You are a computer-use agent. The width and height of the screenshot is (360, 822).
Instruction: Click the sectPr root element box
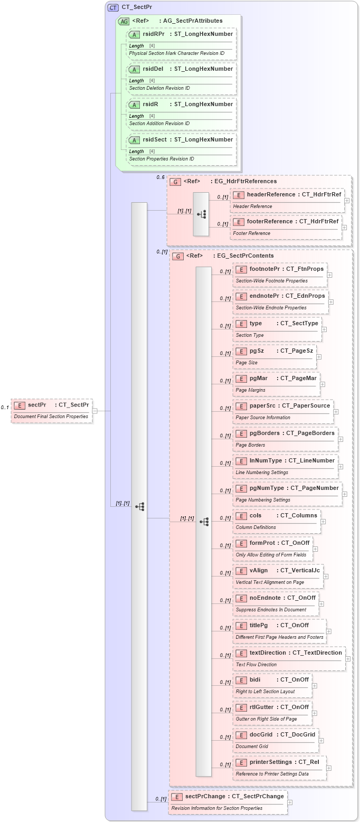[x=52, y=410]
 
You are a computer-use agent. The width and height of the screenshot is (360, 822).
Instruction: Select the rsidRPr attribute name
[x=154, y=34]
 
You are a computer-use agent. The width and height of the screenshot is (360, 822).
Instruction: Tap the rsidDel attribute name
[x=153, y=69]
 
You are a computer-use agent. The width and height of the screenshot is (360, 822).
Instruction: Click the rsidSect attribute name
[x=154, y=139]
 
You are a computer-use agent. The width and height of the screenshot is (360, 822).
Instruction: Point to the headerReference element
[x=271, y=194]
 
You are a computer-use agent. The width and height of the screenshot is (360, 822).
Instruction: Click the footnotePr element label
[x=264, y=269]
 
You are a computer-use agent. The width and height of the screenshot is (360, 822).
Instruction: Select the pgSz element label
[x=257, y=351]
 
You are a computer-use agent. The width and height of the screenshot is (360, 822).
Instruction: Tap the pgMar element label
[x=259, y=378]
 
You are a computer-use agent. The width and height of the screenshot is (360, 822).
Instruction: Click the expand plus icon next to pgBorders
[x=340, y=439]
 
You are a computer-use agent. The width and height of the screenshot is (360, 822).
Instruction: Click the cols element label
[x=255, y=515]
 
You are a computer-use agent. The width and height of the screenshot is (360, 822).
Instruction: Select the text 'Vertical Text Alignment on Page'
[x=270, y=582]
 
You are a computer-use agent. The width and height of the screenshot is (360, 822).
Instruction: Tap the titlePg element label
[x=259, y=625]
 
